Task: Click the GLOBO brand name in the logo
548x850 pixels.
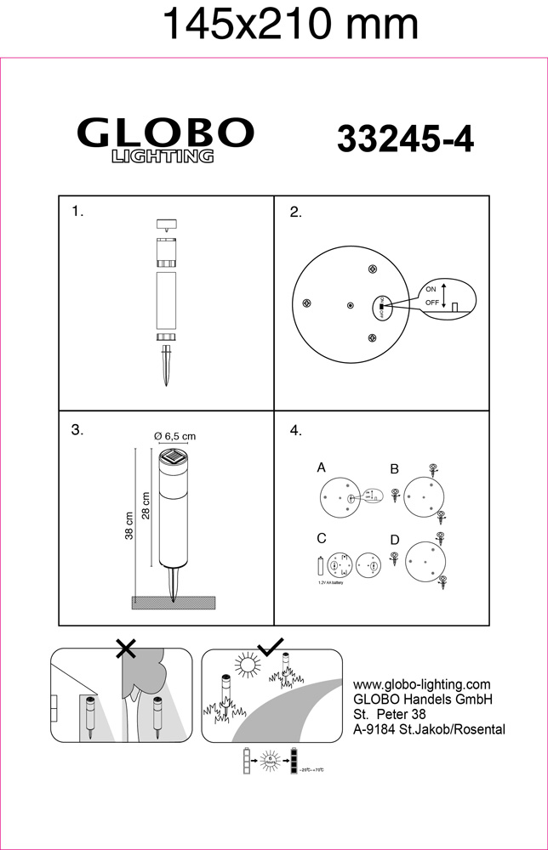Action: (x=166, y=133)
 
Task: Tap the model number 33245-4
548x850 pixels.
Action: (x=405, y=139)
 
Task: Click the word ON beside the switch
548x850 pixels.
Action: (x=431, y=289)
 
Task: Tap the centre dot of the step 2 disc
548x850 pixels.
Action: (x=350, y=304)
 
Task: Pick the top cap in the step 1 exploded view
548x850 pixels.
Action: (x=165, y=225)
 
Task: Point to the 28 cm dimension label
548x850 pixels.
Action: (x=146, y=507)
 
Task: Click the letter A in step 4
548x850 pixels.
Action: (x=322, y=467)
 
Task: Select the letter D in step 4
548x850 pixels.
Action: (x=394, y=539)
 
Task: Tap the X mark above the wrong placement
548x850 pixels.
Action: (x=126, y=649)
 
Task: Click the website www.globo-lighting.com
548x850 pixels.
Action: (x=421, y=684)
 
